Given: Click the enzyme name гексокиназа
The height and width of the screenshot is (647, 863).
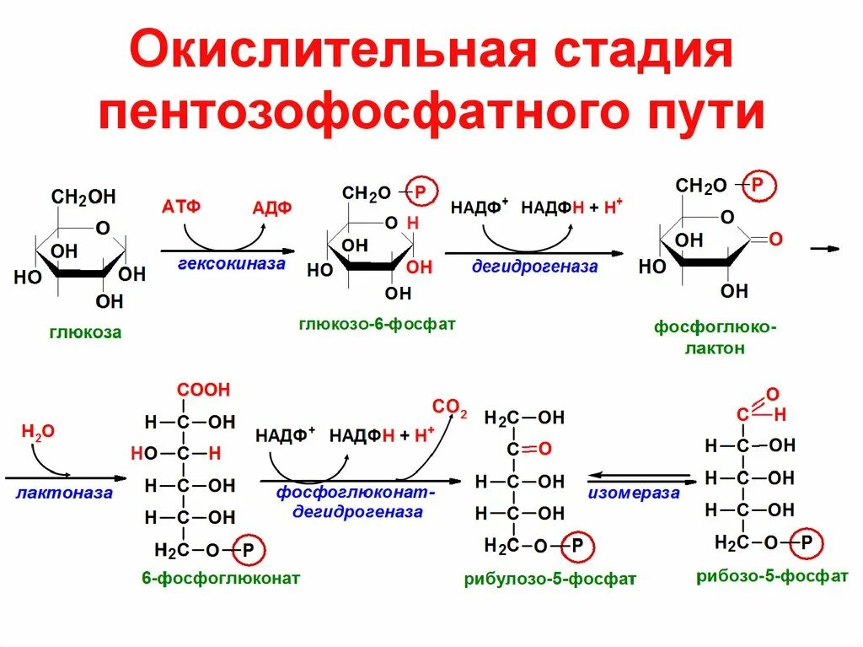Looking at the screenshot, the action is click(x=232, y=264).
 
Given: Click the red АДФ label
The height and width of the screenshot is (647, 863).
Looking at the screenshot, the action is click(x=271, y=208).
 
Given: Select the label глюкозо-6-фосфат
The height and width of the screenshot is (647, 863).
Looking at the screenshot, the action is click(x=377, y=323).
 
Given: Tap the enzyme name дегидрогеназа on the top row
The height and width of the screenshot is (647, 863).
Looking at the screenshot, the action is click(x=534, y=267).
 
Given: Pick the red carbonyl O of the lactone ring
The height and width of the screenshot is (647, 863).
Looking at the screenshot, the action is click(x=775, y=240).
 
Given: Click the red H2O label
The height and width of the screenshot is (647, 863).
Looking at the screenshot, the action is click(x=38, y=432).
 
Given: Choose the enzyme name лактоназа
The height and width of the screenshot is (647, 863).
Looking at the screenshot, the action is click(x=64, y=493).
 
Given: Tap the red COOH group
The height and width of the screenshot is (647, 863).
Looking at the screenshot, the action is click(x=202, y=390).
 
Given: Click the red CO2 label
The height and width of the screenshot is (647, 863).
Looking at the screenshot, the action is click(x=449, y=407).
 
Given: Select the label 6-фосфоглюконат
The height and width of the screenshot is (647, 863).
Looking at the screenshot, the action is click(x=222, y=579).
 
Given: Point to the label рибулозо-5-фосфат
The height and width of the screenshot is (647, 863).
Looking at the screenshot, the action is click(x=549, y=580).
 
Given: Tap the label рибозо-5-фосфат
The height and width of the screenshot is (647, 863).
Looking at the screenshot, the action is click(x=772, y=576).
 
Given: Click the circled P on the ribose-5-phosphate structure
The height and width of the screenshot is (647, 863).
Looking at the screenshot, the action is click(x=807, y=542).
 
